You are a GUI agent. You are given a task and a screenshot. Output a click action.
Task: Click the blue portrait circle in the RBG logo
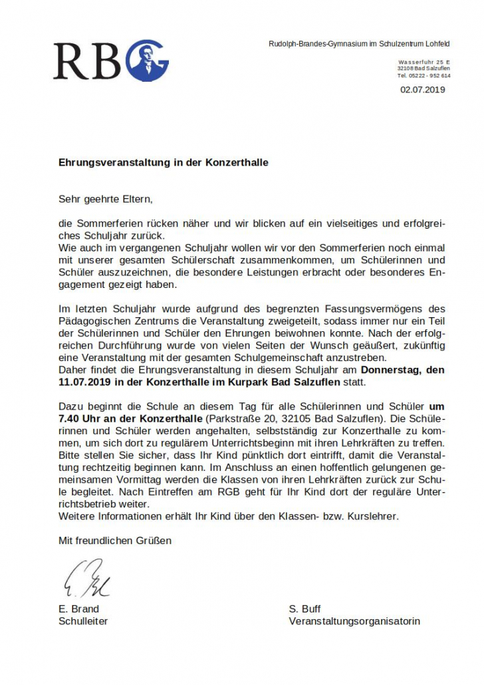pyautogui.click(x=147, y=61)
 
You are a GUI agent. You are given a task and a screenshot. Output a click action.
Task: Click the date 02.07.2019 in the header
pyautogui.click(x=423, y=90)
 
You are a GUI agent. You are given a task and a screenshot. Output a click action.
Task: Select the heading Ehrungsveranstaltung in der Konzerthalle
pyautogui.click(x=164, y=162)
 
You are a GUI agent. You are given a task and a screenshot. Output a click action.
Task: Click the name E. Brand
pyautogui.click(x=79, y=609)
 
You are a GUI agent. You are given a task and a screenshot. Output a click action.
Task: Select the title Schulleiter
pyautogui.click(x=83, y=622)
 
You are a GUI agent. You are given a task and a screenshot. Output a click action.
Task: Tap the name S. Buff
pyautogui.click(x=305, y=609)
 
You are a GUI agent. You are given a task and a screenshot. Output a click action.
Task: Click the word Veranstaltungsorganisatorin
pyautogui.click(x=354, y=622)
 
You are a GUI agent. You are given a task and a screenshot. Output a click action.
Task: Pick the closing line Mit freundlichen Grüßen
pyautogui.click(x=115, y=541)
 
